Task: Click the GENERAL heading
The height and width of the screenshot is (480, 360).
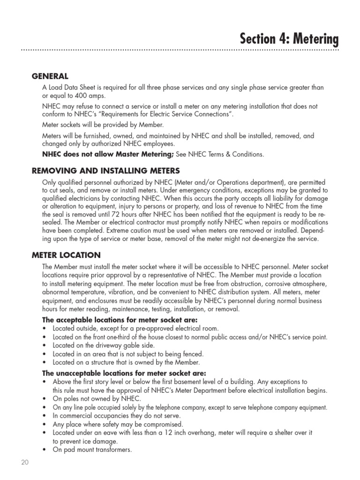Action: click(x=50, y=76)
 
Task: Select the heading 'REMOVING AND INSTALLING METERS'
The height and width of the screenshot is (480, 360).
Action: click(x=105, y=170)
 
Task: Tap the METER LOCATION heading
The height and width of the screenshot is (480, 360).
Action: click(x=66, y=255)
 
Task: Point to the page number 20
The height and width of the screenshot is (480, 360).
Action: click(x=25, y=462)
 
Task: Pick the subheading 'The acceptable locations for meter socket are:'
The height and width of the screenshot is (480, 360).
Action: click(x=120, y=320)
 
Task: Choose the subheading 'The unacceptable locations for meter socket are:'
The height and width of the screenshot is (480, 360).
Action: click(x=124, y=374)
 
